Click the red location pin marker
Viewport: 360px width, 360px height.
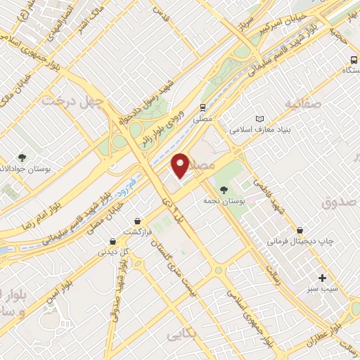click(x=181, y=165)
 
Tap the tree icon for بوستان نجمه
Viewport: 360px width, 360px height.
click(x=224, y=189)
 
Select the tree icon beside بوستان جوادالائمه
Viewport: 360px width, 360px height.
click(x=22, y=157)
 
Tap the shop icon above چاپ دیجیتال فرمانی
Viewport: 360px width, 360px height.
click(x=300, y=230)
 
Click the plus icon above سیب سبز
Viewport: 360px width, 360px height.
click(x=323, y=278)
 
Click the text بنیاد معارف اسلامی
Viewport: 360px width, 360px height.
click(x=261, y=130)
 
